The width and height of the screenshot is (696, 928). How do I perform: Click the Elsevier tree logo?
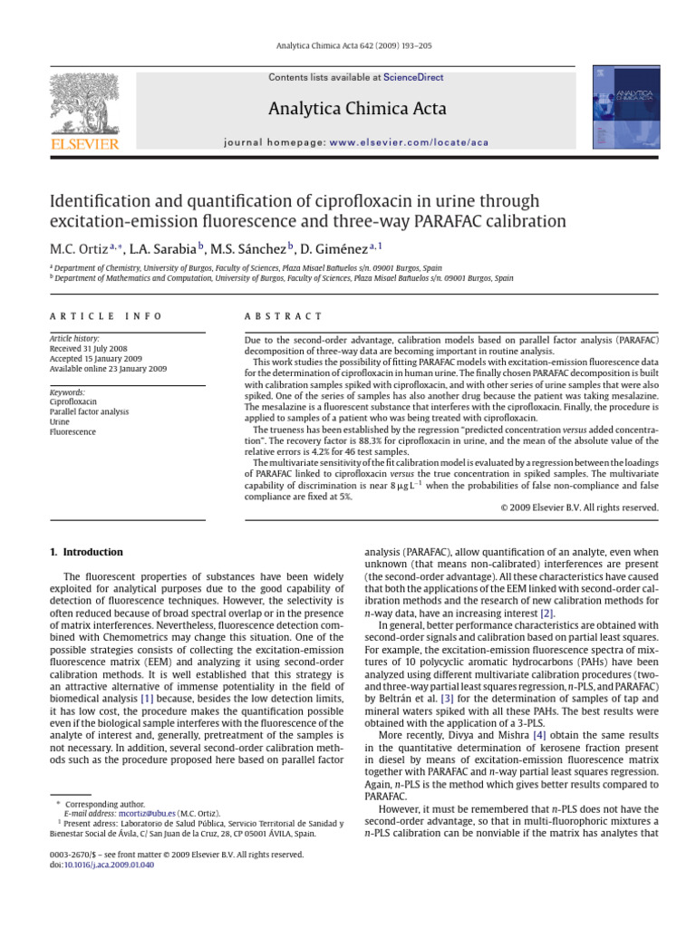coord(83,103)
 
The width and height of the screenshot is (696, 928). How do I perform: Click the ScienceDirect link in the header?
coord(413,78)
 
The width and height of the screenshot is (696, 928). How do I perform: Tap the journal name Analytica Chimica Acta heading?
coord(356,110)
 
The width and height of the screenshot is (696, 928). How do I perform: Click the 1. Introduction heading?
coord(86,552)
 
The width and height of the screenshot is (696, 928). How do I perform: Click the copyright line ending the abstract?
coord(579,507)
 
